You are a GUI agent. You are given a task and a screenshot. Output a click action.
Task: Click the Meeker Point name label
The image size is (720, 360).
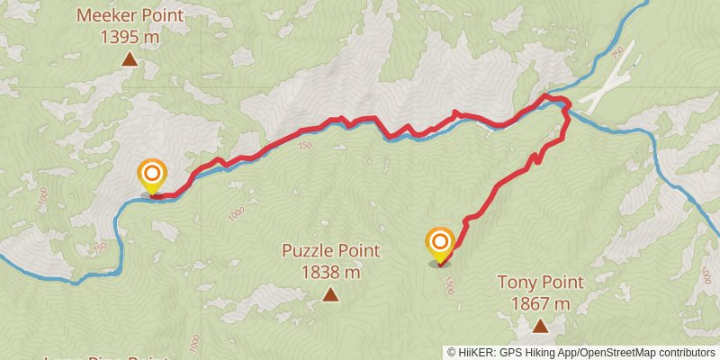(x=130, y=15)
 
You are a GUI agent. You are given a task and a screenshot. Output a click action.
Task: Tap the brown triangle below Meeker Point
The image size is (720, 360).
(x=130, y=60)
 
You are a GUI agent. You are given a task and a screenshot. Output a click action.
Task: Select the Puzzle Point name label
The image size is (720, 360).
(x=330, y=251)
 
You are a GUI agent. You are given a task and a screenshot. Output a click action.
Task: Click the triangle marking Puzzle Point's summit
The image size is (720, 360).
(x=330, y=294)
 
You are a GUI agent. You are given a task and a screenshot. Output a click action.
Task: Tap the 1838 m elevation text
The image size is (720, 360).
(x=330, y=271)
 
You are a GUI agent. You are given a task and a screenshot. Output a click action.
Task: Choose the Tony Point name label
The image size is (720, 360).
(x=540, y=283)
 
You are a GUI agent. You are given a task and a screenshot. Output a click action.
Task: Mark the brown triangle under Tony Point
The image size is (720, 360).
(x=539, y=326)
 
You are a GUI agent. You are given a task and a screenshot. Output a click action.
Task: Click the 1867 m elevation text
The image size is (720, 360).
(x=540, y=303)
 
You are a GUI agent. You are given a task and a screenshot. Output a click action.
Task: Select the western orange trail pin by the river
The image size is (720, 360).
(x=152, y=174)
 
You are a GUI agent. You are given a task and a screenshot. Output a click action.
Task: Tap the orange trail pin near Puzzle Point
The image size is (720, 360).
(x=440, y=243)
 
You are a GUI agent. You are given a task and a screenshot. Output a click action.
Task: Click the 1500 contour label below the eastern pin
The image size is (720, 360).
(x=448, y=285)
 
